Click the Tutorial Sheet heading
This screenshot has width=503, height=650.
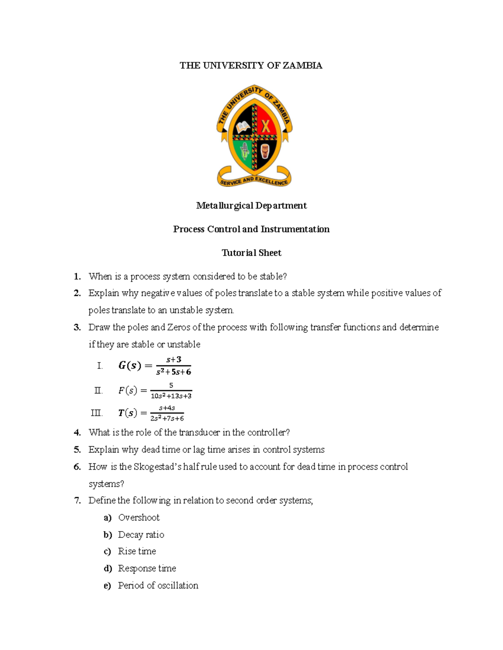click(251, 253)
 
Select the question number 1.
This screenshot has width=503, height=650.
click(77, 276)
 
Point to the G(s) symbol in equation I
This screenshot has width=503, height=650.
click(130, 366)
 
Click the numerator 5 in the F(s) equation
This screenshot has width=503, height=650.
click(171, 385)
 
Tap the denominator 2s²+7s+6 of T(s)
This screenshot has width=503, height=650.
click(167, 418)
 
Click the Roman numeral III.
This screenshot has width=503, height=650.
click(96, 413)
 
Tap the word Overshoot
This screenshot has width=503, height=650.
click(139, 518)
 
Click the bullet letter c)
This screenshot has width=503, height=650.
click(107, 552)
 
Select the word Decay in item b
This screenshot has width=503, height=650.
click(130, 535)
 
